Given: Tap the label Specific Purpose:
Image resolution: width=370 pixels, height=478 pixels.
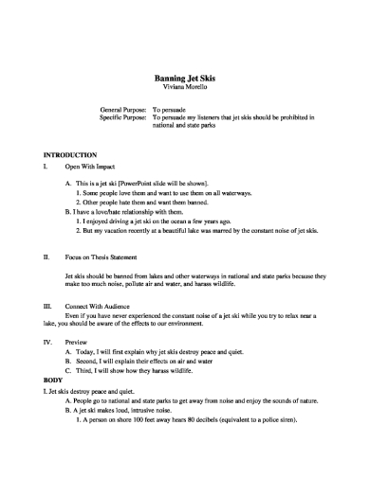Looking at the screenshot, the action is (123, 117).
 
